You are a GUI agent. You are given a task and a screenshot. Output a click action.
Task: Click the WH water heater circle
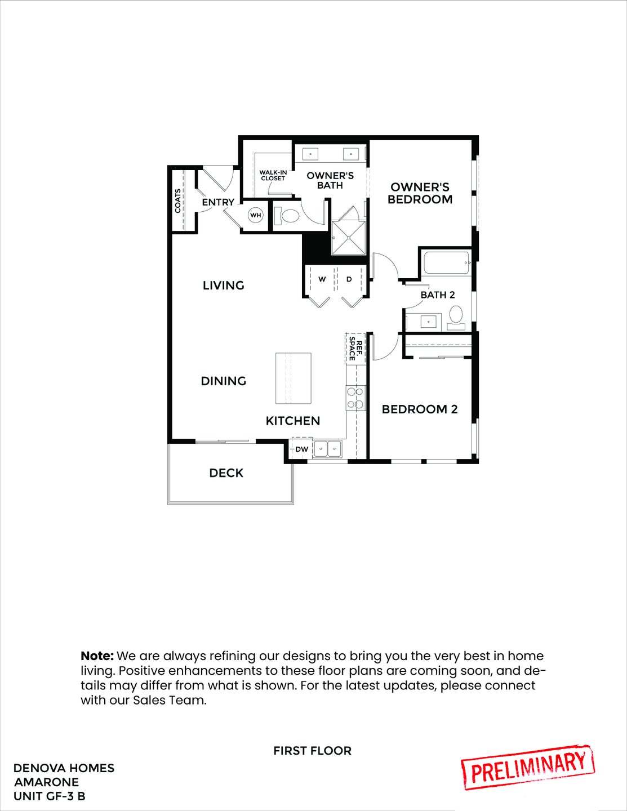(256, 215)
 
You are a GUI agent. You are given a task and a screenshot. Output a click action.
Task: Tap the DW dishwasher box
(301, 449)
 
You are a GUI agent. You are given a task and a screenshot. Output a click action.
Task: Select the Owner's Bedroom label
(420, 193)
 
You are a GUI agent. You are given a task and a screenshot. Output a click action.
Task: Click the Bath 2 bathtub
(446, 263)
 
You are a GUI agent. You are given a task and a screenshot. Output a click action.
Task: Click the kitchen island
(293, 378)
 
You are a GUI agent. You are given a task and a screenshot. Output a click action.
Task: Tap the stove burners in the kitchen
(355, 397)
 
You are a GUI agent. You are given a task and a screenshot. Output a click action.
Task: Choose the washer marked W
(322, 279)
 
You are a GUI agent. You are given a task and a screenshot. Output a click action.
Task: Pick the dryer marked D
(349, 279)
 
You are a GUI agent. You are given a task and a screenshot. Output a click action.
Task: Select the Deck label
(226, 473)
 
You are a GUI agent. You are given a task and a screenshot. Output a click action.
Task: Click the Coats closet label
(178, 200)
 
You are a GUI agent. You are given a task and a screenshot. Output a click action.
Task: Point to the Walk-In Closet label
(273, 175)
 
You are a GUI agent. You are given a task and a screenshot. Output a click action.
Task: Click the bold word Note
(97, 656)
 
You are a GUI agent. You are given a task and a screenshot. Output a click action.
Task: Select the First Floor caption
(312, 751)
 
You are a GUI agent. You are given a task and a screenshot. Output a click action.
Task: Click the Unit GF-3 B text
(50, 796)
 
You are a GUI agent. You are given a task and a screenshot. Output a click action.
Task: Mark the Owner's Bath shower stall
(349, 238)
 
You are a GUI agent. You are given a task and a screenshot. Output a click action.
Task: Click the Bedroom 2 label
(420, 409)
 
